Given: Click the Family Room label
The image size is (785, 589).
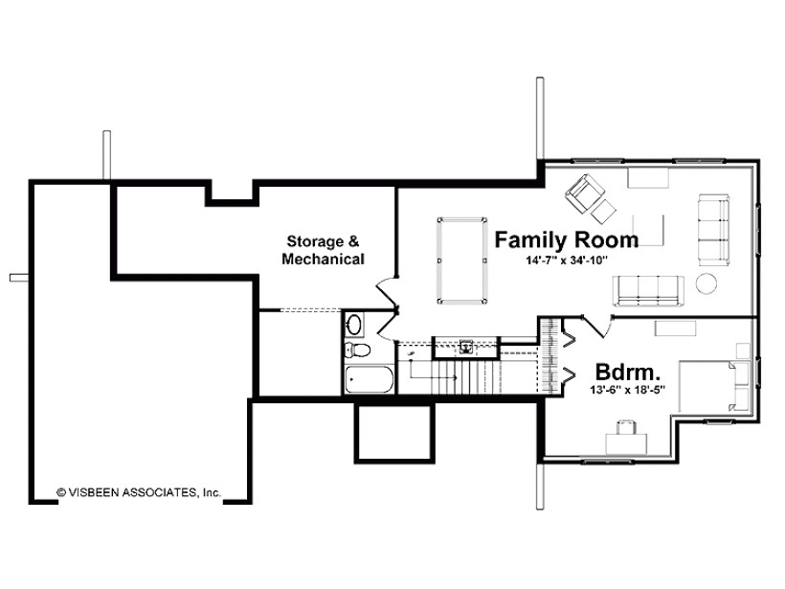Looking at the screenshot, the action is [566, 239].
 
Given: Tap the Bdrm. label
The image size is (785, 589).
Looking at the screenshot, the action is [627, 373].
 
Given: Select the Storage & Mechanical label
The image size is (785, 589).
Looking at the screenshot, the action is [323, 250].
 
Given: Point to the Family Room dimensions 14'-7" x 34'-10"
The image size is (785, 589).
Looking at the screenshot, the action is [566, 260].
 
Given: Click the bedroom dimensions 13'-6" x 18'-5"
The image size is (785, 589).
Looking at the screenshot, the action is [627, 390].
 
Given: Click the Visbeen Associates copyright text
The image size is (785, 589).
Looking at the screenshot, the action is [139, 492].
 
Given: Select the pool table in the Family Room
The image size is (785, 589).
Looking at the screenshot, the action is [462, 261].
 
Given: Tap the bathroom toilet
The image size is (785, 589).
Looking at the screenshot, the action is [357, 350].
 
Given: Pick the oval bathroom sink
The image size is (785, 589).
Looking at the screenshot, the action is [354, 325].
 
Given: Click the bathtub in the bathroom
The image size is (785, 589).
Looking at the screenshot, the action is [369, 379].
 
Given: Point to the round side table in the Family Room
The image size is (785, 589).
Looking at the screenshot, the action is [706, 283].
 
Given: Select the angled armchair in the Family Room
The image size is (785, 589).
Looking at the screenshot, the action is [584, 193].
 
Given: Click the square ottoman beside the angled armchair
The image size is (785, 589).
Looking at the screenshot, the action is [603, 211].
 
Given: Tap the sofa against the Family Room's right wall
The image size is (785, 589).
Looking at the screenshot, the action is [714, 230].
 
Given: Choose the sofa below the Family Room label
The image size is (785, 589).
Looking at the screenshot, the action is [648, 290].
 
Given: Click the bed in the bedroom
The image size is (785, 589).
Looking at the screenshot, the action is [714, 386].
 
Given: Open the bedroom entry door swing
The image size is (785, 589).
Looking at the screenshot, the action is [596, 327].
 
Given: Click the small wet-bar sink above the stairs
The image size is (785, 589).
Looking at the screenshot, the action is [466, 347].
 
